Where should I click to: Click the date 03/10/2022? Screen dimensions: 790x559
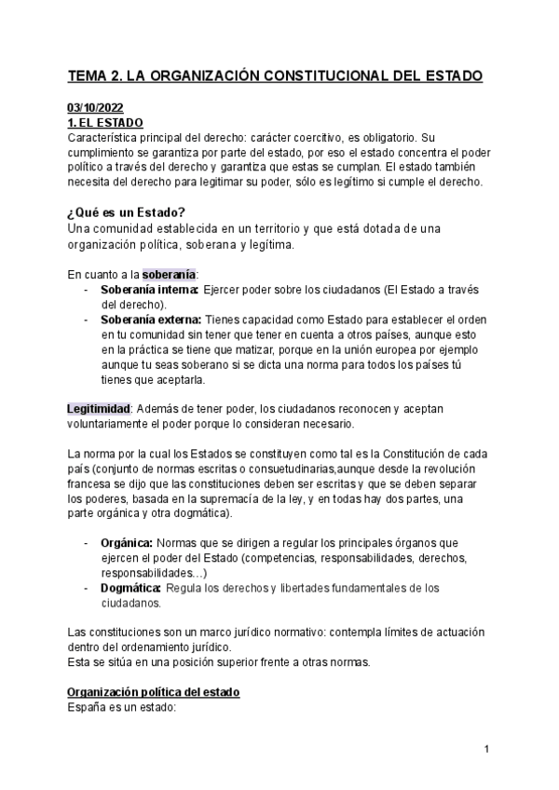click(x=96, y=107)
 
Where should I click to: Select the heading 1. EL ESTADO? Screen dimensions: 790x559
click(x=105, y=122)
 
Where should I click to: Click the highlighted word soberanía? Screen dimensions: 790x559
click(x=169, y=274)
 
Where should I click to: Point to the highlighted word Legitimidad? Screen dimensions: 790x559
click(x=98, y=409)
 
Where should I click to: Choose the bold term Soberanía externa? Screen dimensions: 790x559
click(x=151, y=320)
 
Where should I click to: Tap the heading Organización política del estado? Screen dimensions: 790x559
click(x=154, y=692)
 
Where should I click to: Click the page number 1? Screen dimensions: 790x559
click(x=487, y=749)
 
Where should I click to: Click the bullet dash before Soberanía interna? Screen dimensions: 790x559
click(x=86, y=290)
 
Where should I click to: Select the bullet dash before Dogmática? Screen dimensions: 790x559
click(x=86, y=588)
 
